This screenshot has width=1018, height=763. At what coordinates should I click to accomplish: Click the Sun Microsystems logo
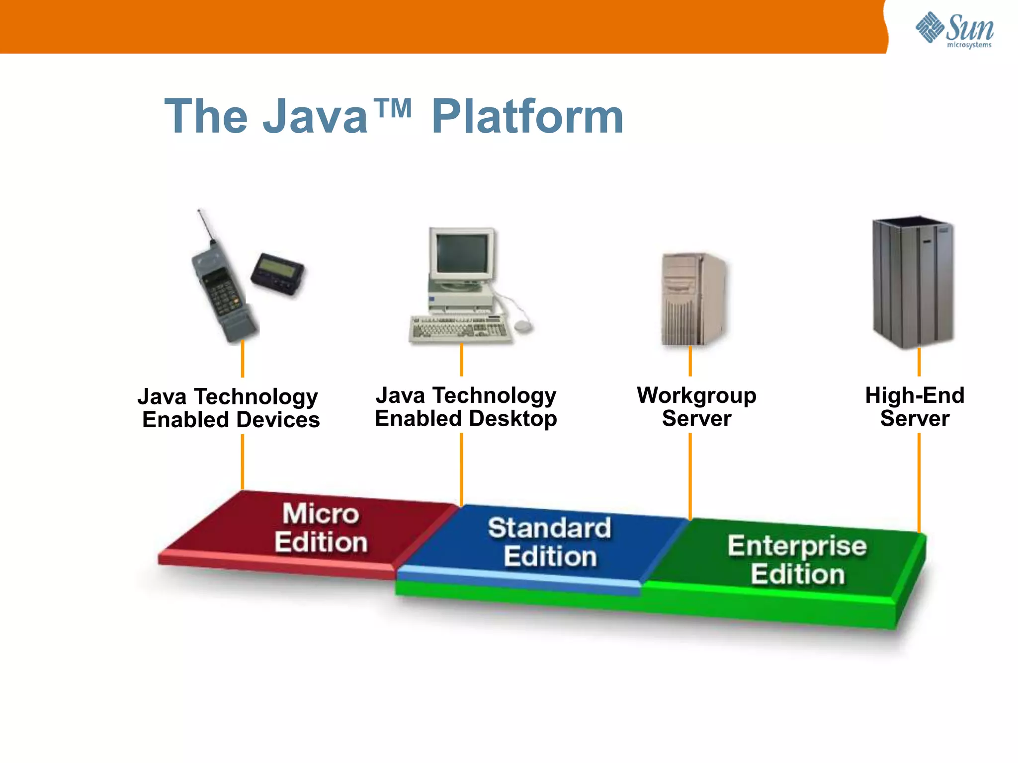(x=954, y=30)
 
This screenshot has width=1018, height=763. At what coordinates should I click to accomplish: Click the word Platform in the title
(x=527, y=117)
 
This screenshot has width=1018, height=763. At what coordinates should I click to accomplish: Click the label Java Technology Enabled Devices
(x=230, y=408)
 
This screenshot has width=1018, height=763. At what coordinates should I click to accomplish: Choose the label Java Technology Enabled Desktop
(x=466, y=407)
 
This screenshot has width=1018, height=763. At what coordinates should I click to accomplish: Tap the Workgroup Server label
(x=696, y=407)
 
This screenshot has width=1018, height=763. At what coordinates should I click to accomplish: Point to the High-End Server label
(x=915, y=407)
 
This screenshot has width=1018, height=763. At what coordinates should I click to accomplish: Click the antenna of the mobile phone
(x=205, y=226)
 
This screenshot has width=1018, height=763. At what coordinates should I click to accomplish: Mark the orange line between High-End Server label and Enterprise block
(x=919, y=482)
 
